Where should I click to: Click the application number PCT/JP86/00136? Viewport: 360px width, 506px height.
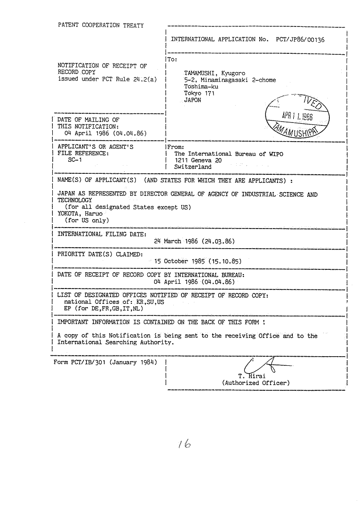coord(300,39)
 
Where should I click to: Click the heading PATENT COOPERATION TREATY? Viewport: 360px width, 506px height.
coord(100,25)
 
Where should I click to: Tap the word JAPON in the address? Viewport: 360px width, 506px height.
coord(192,100)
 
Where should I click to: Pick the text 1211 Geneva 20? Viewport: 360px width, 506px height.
coord(198,160)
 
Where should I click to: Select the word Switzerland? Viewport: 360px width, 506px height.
coord(192,167)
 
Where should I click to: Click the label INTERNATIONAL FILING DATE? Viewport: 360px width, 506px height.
coord(101,234)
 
